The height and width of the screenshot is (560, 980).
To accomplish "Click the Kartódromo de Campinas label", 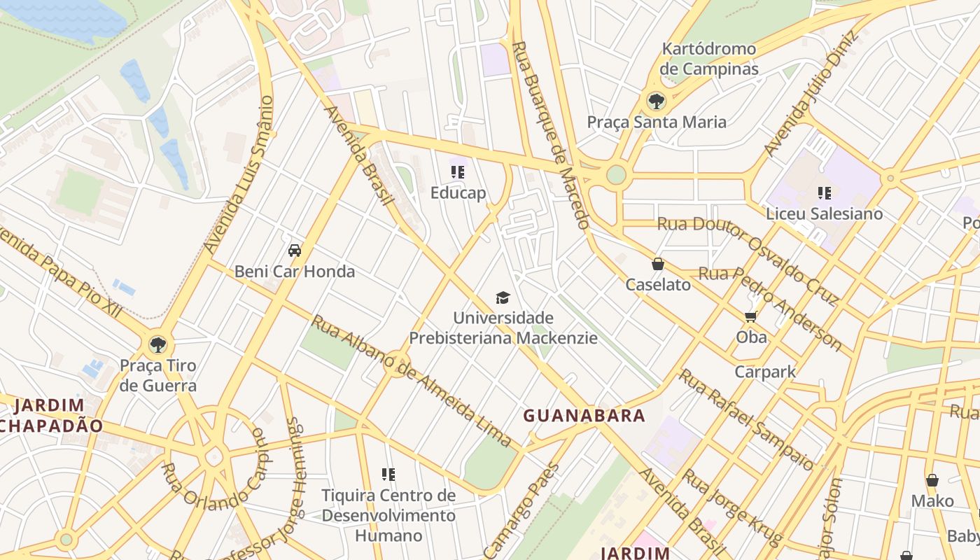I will coord(709,59).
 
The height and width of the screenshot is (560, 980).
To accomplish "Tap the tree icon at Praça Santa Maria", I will coord(656,101).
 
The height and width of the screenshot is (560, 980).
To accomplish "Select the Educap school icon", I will coord(458,172).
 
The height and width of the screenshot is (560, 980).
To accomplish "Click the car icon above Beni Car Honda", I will coord(295,251).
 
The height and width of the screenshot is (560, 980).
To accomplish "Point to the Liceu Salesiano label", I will coord(824,213).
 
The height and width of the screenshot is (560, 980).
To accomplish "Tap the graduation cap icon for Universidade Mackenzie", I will coord(503,298).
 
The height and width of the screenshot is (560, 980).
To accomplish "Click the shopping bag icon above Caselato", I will coord(657,264).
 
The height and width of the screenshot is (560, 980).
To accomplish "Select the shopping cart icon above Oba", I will coord(751,317).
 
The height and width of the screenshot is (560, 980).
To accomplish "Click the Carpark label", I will coord(765,372).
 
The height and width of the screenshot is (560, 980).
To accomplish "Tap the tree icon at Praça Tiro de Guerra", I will coord(158,344).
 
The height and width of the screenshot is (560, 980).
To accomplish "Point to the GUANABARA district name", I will coord(584,416).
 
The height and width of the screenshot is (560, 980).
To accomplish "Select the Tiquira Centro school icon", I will coord(388,475).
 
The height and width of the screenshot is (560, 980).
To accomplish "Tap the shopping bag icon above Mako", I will coord(932,480).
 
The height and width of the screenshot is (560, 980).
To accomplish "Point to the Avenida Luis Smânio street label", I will coord(238,175).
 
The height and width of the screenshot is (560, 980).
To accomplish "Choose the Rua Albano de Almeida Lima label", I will coord(412,381).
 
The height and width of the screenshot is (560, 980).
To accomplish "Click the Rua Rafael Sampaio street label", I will coord(746,420).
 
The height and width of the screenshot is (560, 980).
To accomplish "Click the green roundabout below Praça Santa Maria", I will coord(616,174).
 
